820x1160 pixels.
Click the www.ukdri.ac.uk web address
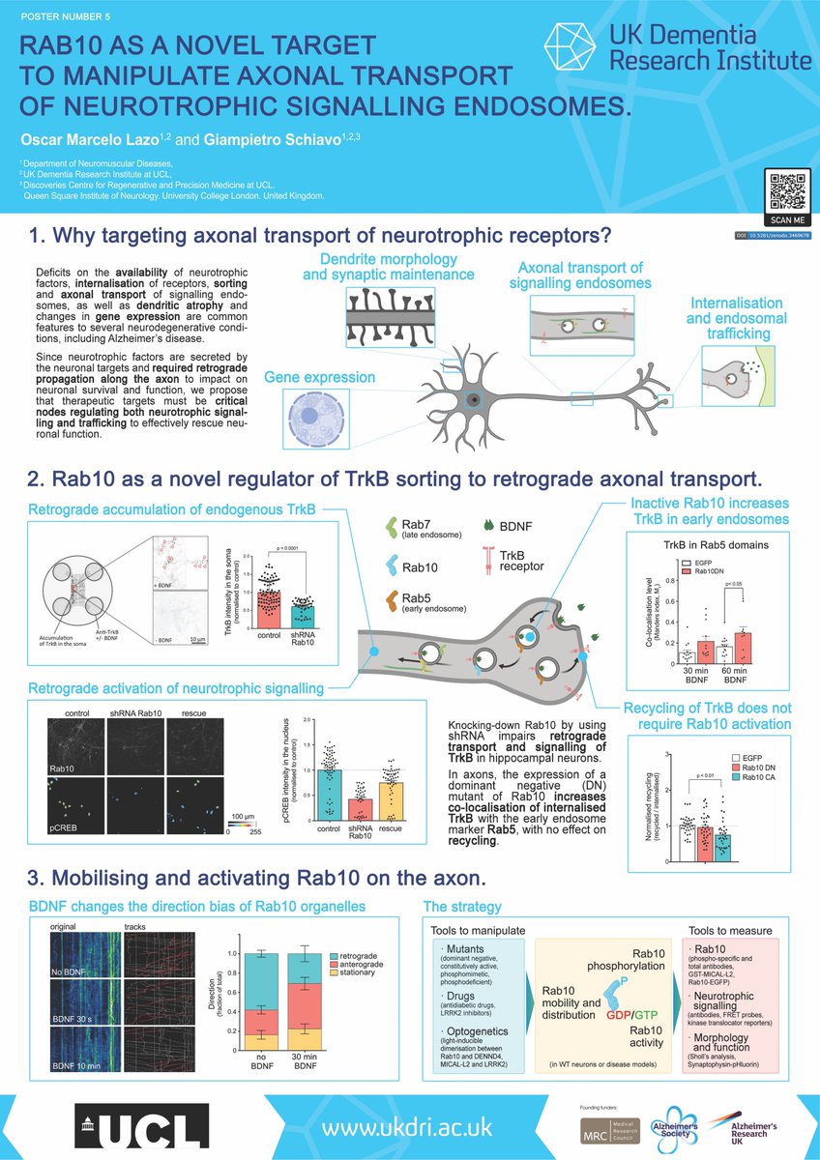pyautogui.click(x=407, y=1127)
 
